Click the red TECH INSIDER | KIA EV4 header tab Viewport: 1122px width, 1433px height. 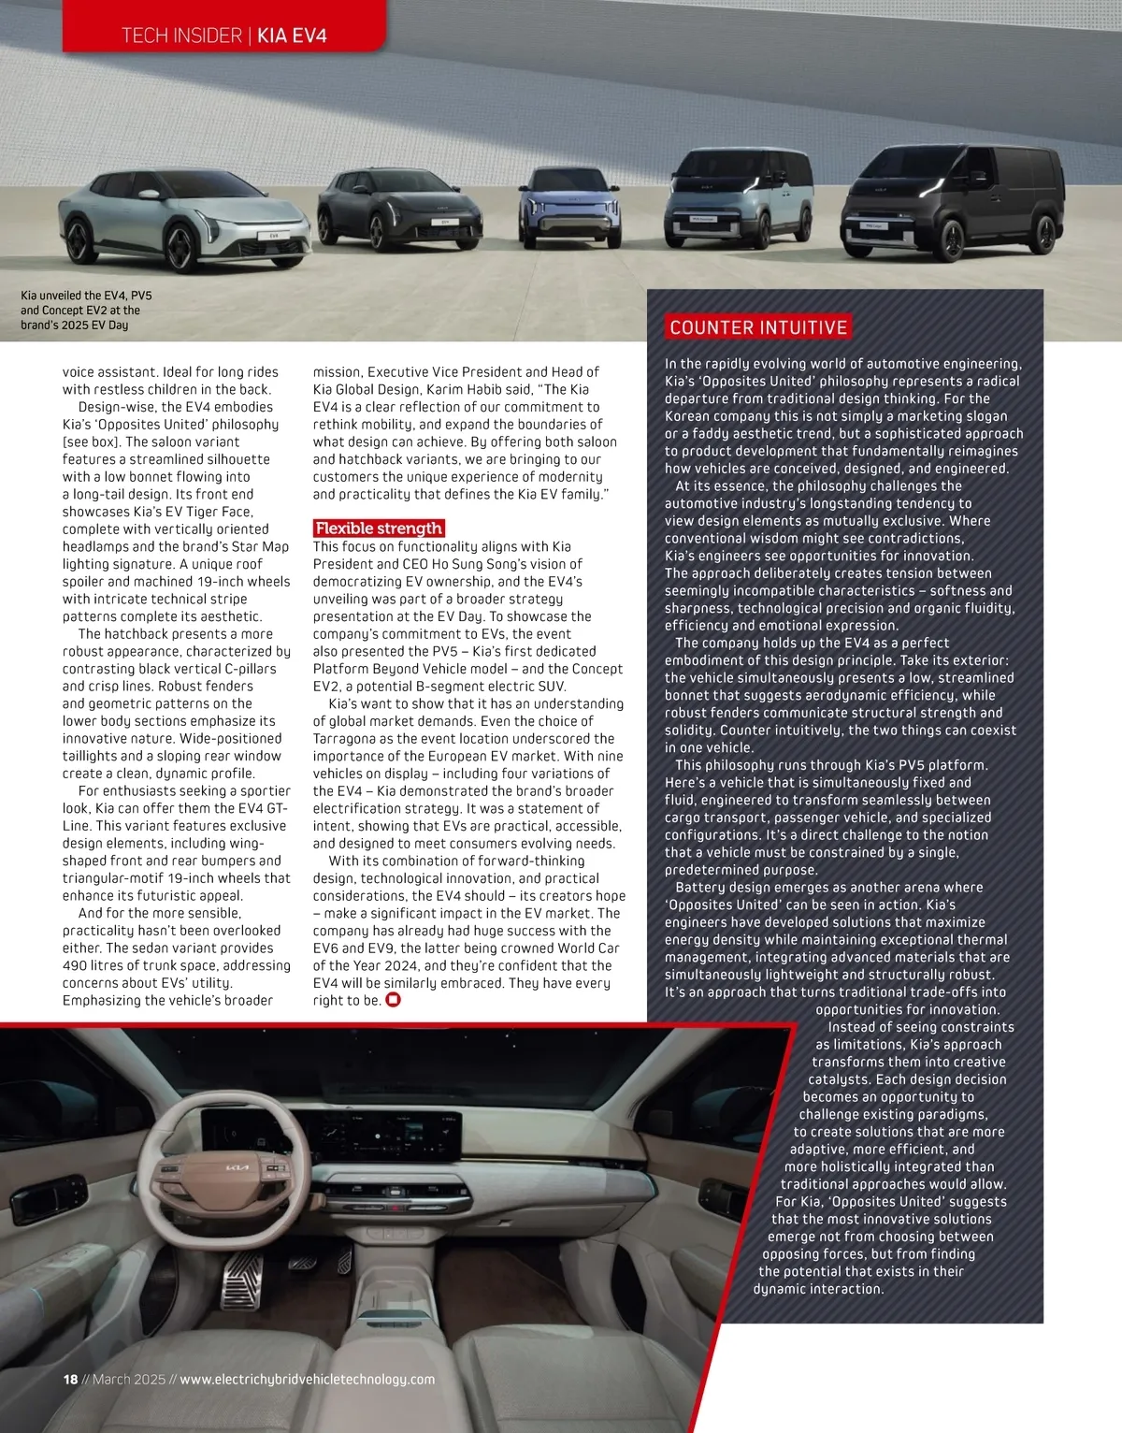[224, 36]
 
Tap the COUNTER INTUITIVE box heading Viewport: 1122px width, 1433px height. [758, 327]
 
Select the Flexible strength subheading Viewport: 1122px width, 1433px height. [379, 528]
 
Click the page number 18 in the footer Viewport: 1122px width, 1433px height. [70, 1379]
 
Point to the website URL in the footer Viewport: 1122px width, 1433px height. [307, 1379]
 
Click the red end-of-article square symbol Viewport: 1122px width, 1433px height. [394, 1000]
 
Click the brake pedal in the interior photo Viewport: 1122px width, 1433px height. [242, 1281]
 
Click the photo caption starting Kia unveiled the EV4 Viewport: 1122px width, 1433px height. [86, 311]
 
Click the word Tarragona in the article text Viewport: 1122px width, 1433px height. [352, 739]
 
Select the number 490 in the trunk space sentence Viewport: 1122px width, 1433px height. [77, 965]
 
